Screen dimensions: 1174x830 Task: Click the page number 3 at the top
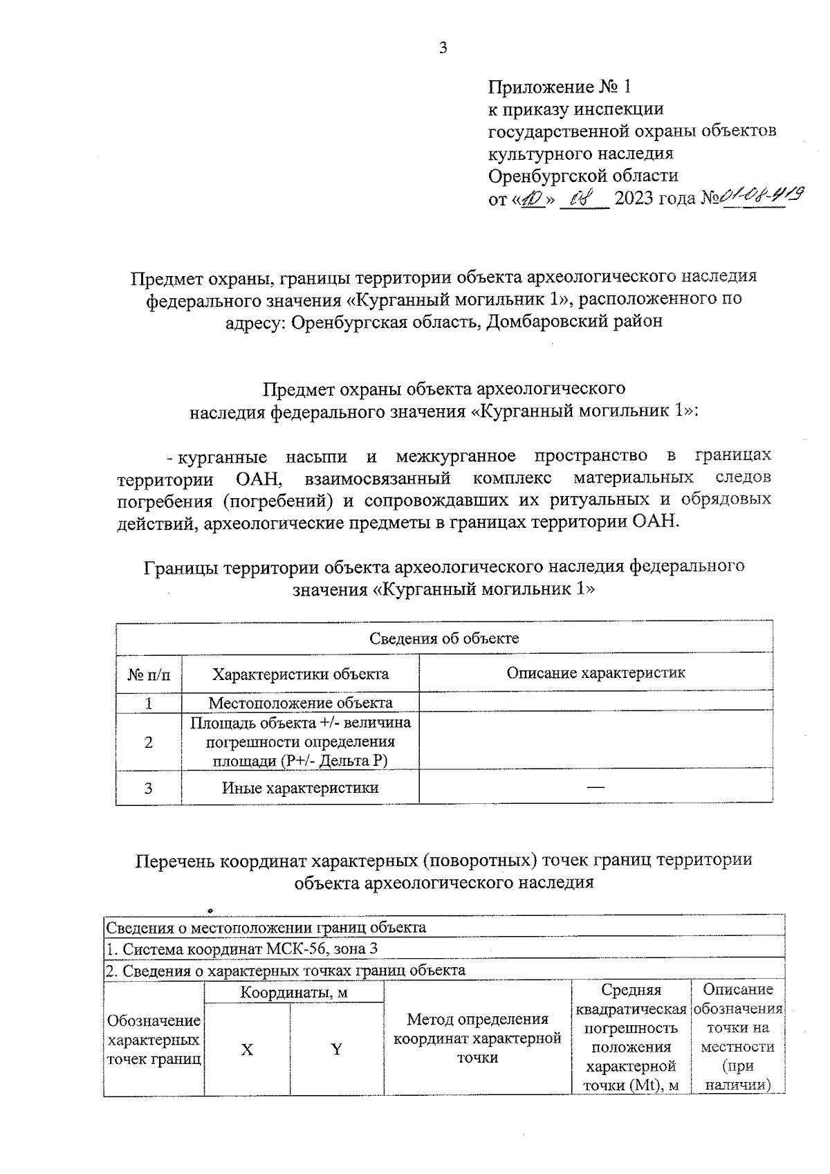(443, 47)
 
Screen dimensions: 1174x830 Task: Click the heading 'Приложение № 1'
(560, 87)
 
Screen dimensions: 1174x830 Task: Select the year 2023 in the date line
(634, 200)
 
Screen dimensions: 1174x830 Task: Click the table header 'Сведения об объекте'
(443, 638)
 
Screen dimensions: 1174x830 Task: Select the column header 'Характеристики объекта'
(300, 673)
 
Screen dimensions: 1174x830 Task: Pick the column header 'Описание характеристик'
(596, 672)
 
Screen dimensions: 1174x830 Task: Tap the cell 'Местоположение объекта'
(300, 703)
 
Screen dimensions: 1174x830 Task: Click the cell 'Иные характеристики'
(300, 787)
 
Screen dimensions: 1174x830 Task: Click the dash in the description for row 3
(596, 787)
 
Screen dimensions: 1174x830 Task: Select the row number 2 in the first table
(148, 742)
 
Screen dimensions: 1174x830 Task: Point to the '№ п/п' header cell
(148, 674)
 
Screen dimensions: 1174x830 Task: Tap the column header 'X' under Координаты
(247, 1049)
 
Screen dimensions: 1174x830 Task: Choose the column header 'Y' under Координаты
(337, 1049)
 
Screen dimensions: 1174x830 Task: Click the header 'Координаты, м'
(293, 993)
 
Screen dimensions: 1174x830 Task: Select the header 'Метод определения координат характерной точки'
(477, 1038)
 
